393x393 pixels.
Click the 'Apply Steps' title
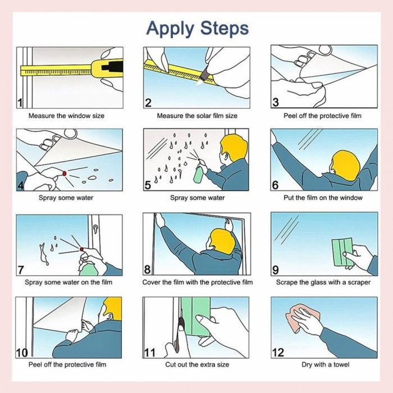[198, 29]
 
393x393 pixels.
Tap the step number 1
[20, 103]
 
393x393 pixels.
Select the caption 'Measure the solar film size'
[197, 116]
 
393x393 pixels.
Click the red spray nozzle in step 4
[65, 173]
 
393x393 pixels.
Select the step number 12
[278, 353]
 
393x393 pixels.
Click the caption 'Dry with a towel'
[325, 364]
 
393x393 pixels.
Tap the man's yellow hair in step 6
[346, 164]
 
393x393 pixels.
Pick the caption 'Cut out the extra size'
[197, 364]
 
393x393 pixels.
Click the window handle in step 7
[95, 229]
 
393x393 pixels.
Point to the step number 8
[147, 269]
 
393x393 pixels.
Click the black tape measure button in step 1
[112, 67]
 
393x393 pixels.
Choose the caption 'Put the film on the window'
[323, 198]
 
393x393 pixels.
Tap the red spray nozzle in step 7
[81, 249]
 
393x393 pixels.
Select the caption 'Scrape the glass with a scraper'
[323, 282]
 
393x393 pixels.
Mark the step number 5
[148, 185]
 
